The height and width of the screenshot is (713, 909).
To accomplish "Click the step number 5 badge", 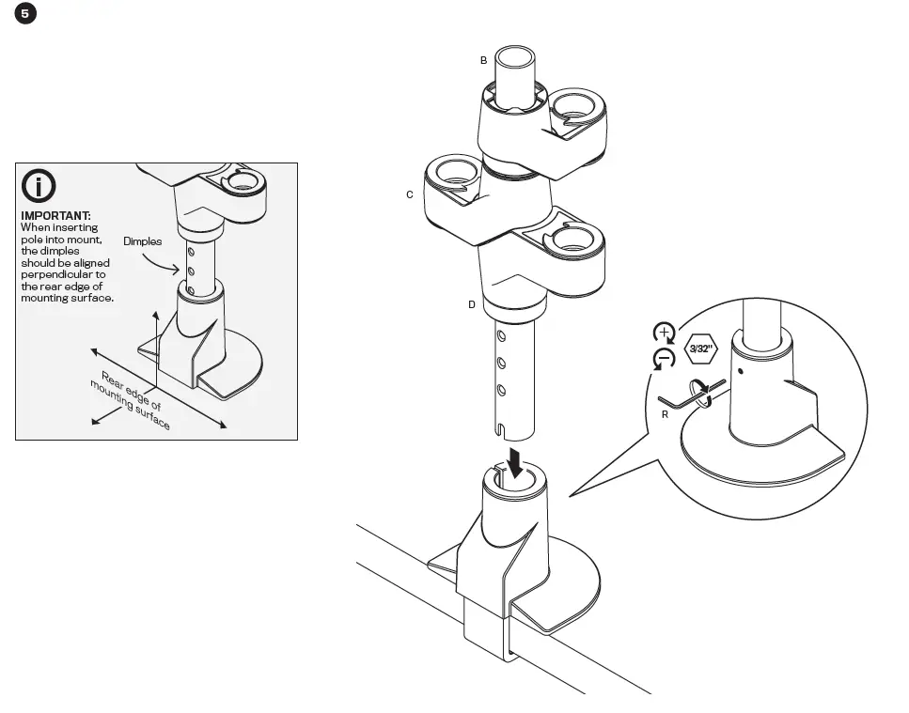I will (24, 14).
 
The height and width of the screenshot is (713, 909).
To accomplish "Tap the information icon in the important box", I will (39, 186).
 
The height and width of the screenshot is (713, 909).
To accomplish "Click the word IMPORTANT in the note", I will (55, 215).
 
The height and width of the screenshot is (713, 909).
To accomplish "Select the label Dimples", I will (142, 241).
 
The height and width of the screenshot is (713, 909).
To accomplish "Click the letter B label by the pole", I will (483, 60).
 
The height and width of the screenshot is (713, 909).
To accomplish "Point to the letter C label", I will (409, 194).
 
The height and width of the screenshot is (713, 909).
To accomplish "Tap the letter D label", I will (472, 304).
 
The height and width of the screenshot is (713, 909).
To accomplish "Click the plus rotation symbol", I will (664, 333).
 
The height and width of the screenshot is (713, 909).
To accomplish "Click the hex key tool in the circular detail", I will (691, 393).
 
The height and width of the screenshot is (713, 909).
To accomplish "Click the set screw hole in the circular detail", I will (741, 370).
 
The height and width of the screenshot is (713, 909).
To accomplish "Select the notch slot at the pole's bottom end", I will (504, 431).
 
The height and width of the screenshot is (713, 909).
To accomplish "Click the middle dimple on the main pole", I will (502, 362).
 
